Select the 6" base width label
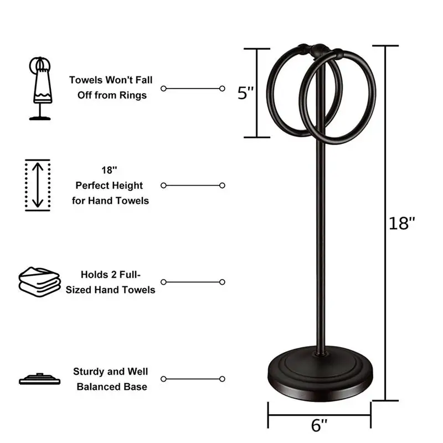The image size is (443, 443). coord(320,425)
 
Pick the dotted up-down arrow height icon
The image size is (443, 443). coord(37,185)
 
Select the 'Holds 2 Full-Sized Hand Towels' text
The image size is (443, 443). coord(110,282)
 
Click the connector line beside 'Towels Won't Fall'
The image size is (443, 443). coord(193,88)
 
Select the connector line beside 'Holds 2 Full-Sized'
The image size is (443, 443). coord(193,282)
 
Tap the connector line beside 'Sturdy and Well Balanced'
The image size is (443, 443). coord(193,379)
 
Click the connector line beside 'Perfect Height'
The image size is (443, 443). coord(193,186)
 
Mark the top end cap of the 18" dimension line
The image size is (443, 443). coord(384,46)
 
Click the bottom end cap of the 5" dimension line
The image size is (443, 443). coord(256,137)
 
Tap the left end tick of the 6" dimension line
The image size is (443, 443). coord(269,413)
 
